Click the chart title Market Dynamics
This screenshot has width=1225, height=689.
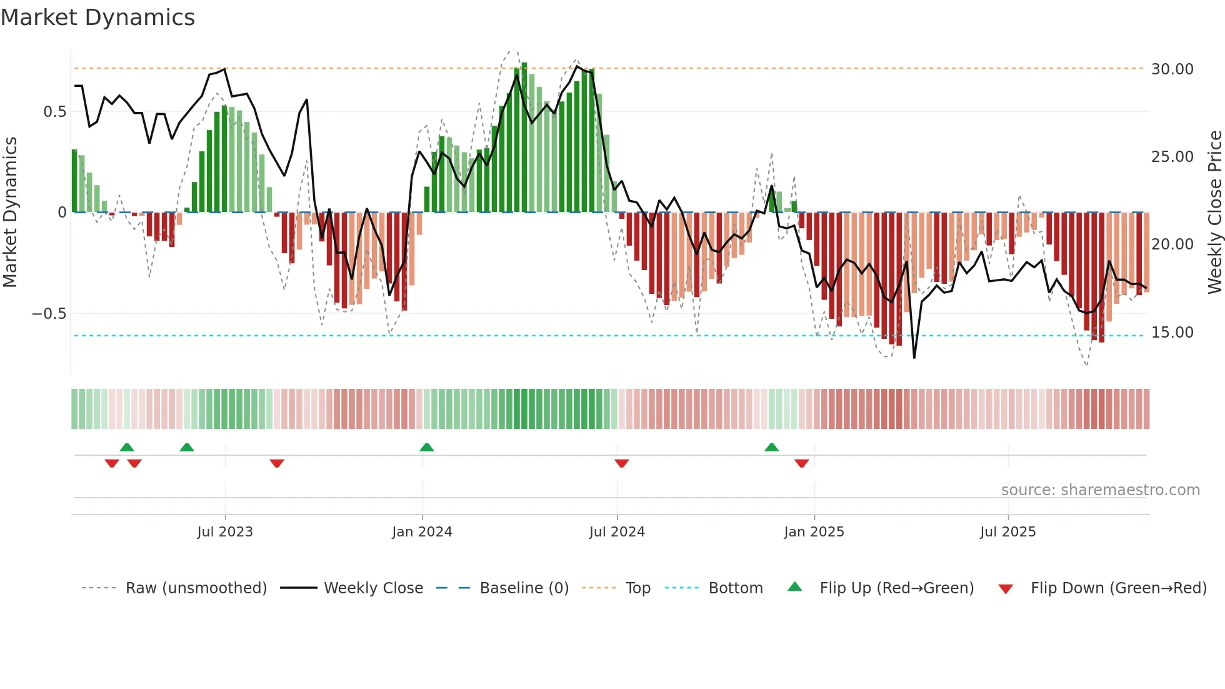pyautogui.click(x=97, y=18)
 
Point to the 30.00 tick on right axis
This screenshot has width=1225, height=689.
pyautogui.click(x=1172, y=69)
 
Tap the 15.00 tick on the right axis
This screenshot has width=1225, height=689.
pyautogui.click(x=1172, y=332)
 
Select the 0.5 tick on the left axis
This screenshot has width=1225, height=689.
pyautogui.click(x=54, y=111)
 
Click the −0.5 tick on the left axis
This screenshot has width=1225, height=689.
pyautogui.click(x=49, y=313)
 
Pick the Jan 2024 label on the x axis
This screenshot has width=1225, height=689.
pyautogui.click(x=422, y=531)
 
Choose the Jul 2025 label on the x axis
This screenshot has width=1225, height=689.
pyautogui.click(x=1007, y=531)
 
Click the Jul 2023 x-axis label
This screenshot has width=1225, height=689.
pyautogui.click(x=225, y=531)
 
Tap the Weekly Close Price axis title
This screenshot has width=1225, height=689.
pyautogui.click(x=1214, y=212)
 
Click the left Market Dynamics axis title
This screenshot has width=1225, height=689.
pyautogui.click(x=10, y=212)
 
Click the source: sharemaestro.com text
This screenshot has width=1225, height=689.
pyautogui.click(x=1100, y=490)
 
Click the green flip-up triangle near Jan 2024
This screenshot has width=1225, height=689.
pyautogui.click(x=427, y=447)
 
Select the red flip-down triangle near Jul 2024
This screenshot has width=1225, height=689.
pyautogui.click(x=621, y=463)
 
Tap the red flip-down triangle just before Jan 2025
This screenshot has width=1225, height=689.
pyautogui.click(x=802, y=463)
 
